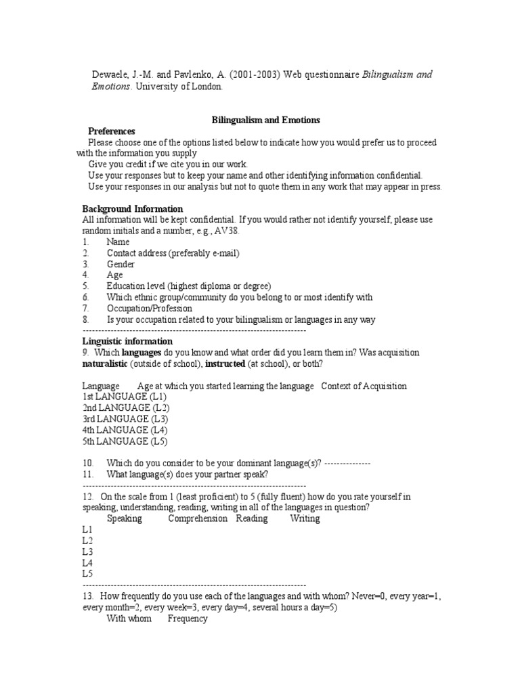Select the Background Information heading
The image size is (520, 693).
133,208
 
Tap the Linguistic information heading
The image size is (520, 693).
127,341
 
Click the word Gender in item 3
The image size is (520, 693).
121,264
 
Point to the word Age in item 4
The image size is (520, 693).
114,275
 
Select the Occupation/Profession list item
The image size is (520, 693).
149,308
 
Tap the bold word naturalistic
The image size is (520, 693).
106,363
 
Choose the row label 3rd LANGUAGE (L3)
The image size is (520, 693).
125,419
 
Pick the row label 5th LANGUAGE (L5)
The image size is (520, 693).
125,441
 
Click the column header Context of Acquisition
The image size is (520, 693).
364,386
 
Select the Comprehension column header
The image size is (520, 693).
198,518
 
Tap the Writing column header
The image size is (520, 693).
305,518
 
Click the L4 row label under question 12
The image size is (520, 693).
87,562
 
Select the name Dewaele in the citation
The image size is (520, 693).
110,74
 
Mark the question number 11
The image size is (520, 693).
88,474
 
